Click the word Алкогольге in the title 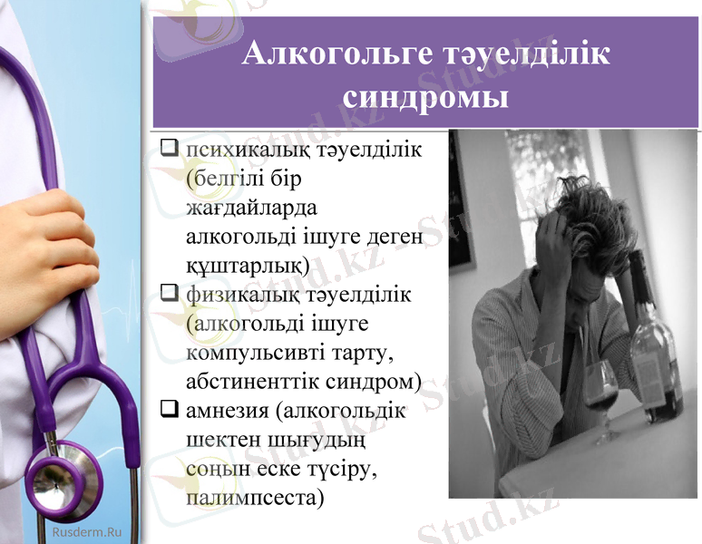[321, 54]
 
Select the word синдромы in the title [426, 95]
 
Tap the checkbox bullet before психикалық [169, 148]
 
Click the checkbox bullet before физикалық [169, 294]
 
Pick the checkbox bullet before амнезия [169, 410]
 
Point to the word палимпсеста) [255, 498]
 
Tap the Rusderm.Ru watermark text [86, 531]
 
